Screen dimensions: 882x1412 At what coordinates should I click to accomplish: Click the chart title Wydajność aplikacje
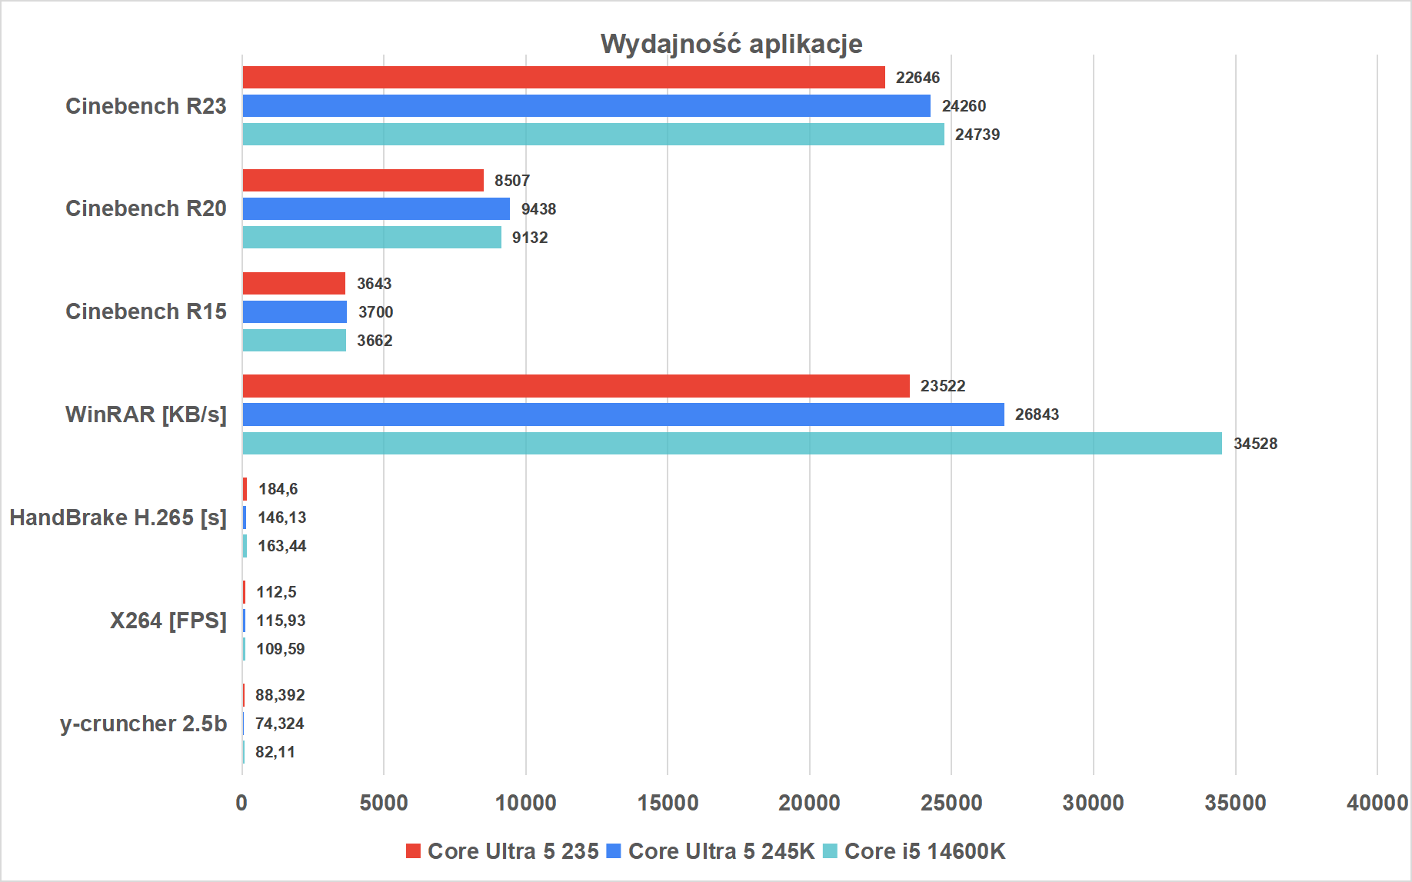click(x=731, y=44)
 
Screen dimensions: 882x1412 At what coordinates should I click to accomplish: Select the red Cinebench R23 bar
click(x=564, y=78)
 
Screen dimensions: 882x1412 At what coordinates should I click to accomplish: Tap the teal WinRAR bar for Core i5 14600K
click(x=732, y=443)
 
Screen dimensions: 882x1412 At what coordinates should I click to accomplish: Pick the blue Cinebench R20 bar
click(x=376, y=208)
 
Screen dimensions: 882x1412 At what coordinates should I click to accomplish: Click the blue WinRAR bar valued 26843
click(x=624, y=414)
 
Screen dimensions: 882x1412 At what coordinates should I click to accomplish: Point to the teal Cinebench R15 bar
click(x=295, y=340)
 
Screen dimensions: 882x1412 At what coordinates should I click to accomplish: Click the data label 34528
click(x=1255, y=444)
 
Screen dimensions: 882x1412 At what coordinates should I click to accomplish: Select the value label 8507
click(x=512, y=181)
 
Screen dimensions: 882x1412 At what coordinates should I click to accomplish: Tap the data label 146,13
click(x=281, y=518)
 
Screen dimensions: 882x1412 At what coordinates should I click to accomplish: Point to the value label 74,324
click(x=279, y=724)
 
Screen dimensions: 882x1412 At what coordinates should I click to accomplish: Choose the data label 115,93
click(x=281, y=621)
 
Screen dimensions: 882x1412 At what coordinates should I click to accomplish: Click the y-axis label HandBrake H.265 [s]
click(x=118, y=518)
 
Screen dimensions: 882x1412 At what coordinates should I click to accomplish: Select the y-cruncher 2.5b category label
click(x=143, y=724)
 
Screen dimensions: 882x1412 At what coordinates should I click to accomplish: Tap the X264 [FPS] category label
click(x=168, y=621)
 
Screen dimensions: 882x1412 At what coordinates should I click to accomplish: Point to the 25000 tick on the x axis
click(x=951, y=803)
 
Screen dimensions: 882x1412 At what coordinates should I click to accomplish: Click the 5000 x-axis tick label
click(x=384, y=803)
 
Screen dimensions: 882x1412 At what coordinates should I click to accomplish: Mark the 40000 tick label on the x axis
click(x=1377, y=803)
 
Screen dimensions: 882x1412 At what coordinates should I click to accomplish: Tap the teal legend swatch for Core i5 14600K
click(x=830, y=851)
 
